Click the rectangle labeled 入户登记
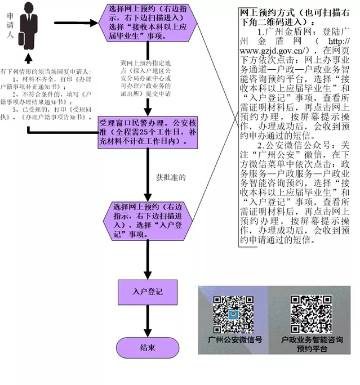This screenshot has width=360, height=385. (148, 292)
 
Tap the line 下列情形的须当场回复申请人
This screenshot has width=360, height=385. (47, 73)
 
